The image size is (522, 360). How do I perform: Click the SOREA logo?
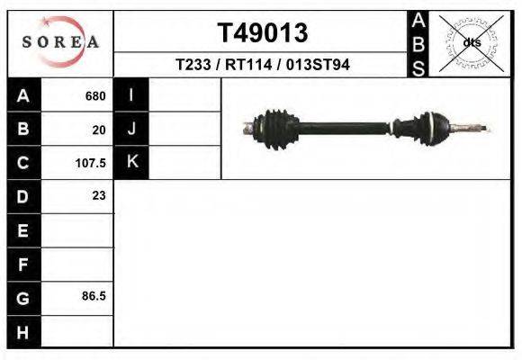coord(60,41)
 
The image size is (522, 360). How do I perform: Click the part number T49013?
coord(263,33)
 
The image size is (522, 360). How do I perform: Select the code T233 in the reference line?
coord(193,64)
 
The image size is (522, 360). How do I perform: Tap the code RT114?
coord(248,64)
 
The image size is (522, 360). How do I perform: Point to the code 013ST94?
coord(318,64)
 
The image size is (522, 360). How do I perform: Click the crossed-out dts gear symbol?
coord(472,43)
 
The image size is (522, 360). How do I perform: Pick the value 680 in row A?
coord(95,96)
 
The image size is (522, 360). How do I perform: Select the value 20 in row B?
coord(99,130)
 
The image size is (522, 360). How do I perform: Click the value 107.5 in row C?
coord(91,163)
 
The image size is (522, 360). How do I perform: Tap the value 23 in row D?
coord(99,195)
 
